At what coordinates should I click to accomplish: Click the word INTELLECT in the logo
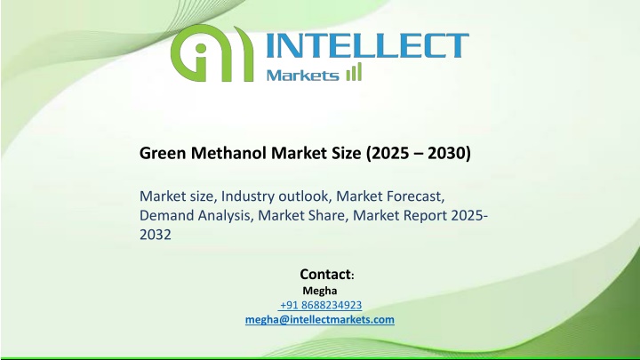pos(367,45)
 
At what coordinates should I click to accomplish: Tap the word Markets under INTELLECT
pos(302,75)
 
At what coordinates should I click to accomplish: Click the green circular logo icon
pos(212,53)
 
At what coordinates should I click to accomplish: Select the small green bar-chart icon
pos(354,72)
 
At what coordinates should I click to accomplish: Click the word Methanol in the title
pos(229,153)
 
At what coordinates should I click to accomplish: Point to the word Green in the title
pos(164,153)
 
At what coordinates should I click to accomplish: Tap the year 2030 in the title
pos(446,153)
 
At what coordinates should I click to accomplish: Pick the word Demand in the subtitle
pos(166,215)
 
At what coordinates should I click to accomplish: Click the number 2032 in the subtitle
pos(155,235)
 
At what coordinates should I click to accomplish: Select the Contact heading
pos(325,275)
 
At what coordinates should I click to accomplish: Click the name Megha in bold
pos(320,291)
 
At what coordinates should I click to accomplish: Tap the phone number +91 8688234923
pos(321,305)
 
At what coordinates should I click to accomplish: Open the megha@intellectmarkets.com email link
pos(320,319)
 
